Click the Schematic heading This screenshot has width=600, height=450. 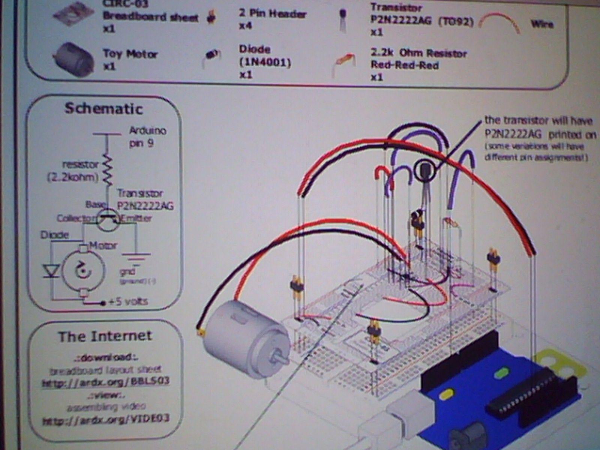click(104, 109)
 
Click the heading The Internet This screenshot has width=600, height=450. click(105, 336)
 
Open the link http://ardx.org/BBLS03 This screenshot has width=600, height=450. click(106, 382)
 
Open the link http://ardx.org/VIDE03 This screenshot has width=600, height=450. click(106, 418)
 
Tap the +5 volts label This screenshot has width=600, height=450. click(127, 301)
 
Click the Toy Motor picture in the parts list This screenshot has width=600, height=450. click(73, 59)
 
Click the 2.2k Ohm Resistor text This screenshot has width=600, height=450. click(418, 54)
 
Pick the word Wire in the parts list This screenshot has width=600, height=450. click(542, 24)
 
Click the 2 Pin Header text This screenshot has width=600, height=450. click(273, 14)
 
